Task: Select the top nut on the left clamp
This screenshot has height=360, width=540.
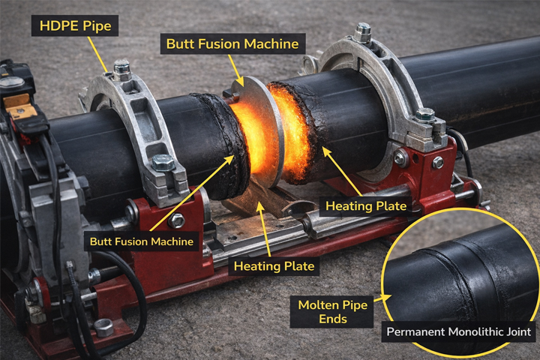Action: click(121, 70)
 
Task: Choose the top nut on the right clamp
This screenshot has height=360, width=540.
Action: click(363, 31)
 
